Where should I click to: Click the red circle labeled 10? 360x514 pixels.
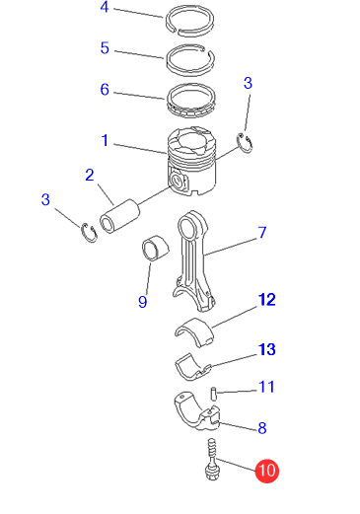pos(267,471)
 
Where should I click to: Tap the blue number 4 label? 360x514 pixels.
pos(105,7)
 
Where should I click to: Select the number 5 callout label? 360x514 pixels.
pos(105,48)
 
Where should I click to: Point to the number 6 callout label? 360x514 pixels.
pos(105,90)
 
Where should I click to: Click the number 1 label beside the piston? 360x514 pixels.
pos(105,140)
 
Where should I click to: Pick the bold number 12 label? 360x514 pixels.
pos(266,300)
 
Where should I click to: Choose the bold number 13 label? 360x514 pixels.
pos(266,349)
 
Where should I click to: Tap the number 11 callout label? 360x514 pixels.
pos(266,387)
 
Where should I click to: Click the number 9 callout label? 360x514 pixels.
pos(142,302)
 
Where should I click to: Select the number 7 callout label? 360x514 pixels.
pos(262,233)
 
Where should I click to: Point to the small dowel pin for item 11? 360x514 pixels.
pos(213,394)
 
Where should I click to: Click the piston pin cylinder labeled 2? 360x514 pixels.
pos(119,216)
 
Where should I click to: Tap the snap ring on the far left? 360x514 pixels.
pos(90,233)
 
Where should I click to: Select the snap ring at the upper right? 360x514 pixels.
pos(246,142)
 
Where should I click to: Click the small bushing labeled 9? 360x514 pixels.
pos(155,249)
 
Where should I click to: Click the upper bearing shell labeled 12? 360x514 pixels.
pos(194,330)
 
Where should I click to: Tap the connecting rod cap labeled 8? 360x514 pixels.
pos(197,410)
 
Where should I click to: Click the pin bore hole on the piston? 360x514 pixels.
pos(177,181)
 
